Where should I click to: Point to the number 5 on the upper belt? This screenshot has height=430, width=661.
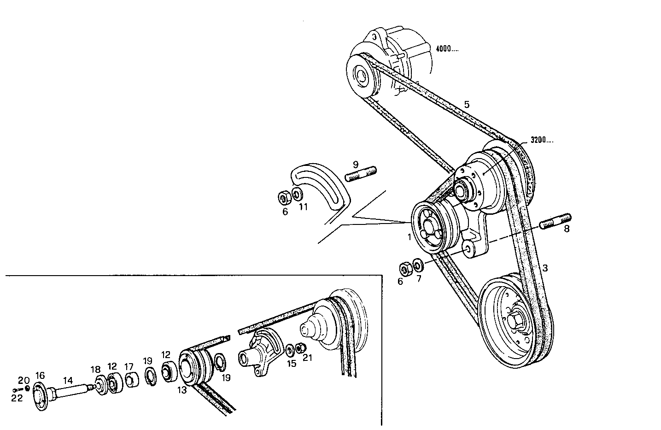pos(467,105)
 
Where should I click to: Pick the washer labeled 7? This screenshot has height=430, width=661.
pos(418,265)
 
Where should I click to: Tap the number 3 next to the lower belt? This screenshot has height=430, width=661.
pos(545,268)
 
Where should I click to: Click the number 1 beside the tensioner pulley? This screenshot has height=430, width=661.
pos(409,237)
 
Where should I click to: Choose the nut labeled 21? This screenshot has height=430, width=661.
pos(300,348)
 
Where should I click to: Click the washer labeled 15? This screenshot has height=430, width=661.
pos(290,350)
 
